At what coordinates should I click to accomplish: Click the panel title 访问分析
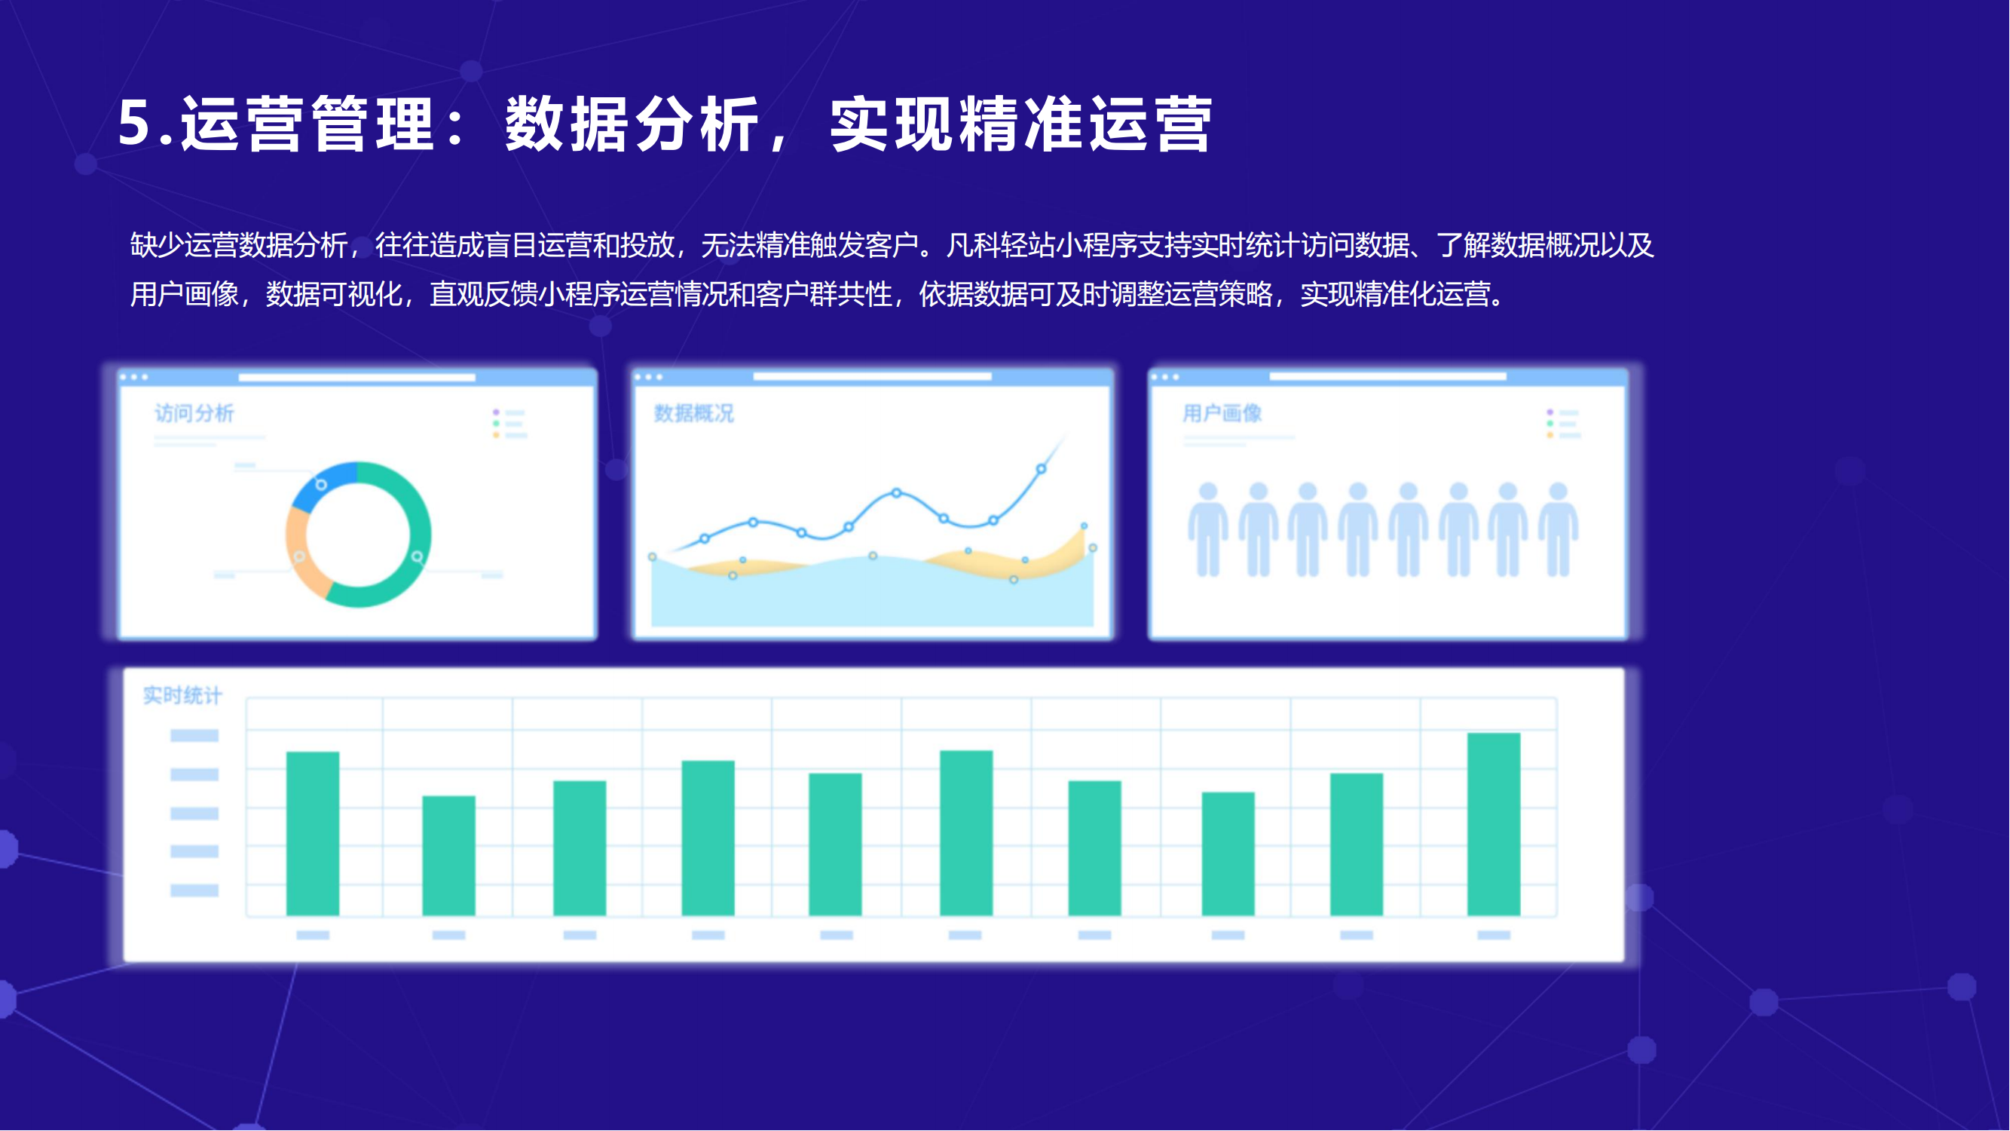tap(194, 413)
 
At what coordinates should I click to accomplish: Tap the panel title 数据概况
tap(693, 413)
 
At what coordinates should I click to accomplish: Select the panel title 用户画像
tap(1222, 413)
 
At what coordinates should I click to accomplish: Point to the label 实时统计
tap(182, 694)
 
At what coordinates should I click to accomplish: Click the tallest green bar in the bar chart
tap(1494, 824)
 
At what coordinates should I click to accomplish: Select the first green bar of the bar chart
tap(313, 834)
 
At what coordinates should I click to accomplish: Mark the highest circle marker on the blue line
tap(1041, 469)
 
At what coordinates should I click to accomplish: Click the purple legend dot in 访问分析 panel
tap(496, 412)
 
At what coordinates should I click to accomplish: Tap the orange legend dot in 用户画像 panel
tap(1550, 436)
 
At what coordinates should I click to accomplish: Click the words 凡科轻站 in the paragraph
tap(1000, 246)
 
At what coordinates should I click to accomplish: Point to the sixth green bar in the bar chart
tap(966, 833)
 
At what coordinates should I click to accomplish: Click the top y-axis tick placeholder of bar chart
tap(194, 735)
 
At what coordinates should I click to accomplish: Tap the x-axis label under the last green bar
tap(1494, 935)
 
